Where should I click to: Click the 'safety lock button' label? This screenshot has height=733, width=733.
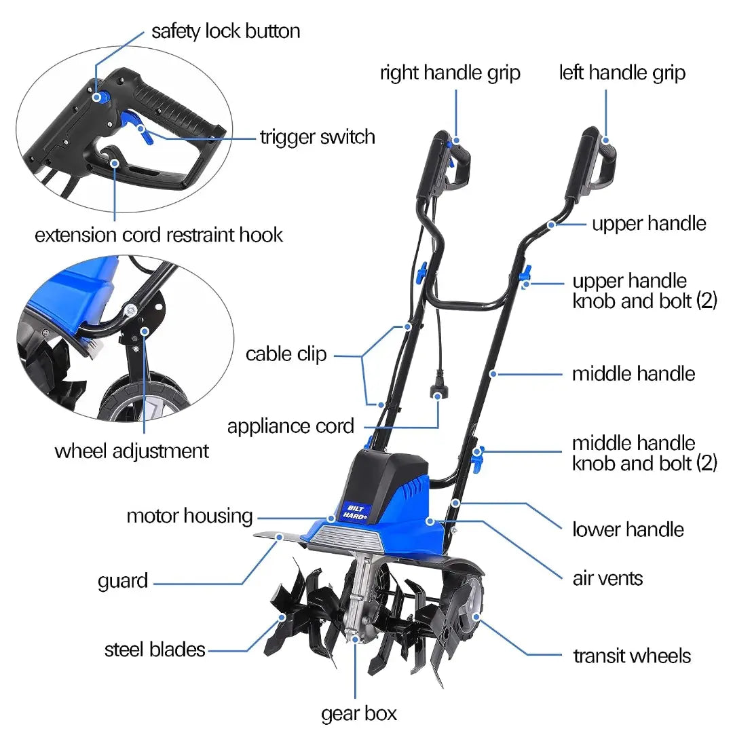point(225,32)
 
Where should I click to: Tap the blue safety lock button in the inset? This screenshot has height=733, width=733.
point(98,97)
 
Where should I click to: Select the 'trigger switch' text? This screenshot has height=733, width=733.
point(317,137)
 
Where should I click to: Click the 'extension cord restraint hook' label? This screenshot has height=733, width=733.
point(159,236)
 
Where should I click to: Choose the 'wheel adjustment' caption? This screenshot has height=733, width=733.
point(132,451)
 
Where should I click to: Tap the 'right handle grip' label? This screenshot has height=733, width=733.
point(450,73)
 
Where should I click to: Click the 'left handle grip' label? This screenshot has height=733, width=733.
point(622,73)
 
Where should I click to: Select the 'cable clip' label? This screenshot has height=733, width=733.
point(286,354)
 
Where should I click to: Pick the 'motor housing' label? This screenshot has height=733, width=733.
point(189,516)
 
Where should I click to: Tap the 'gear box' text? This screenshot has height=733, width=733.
point(358,713)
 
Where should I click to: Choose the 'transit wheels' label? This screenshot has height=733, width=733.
point(632,656)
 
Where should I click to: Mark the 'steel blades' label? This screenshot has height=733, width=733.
point(155,650)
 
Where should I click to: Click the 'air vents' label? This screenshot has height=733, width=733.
point(607,578)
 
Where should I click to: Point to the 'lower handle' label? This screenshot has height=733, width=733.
point(628,529)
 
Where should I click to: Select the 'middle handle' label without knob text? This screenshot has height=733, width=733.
point(633,374)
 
